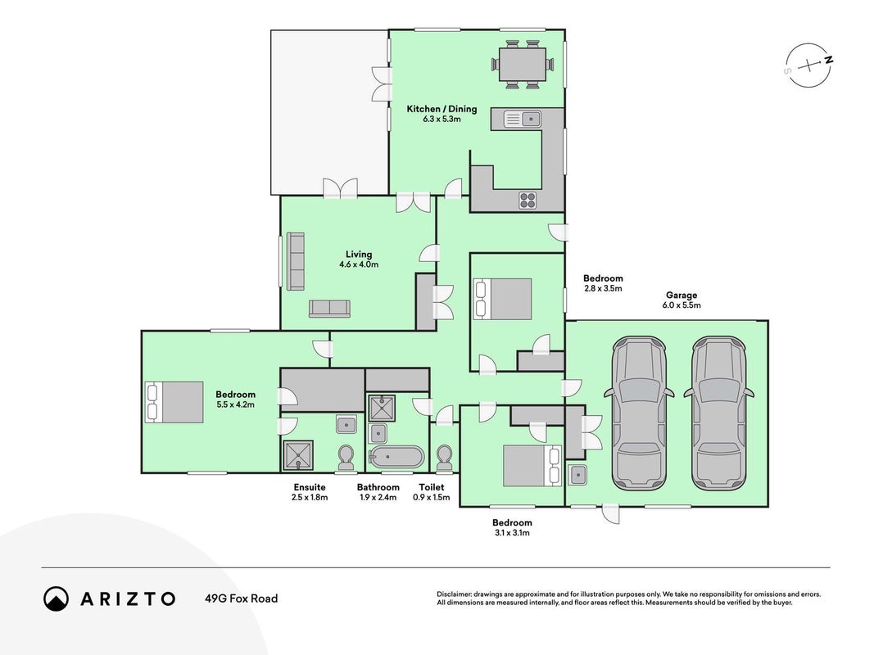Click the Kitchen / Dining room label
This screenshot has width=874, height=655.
click(x=442, y=114)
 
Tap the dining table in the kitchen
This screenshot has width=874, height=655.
click(x=523, y=65)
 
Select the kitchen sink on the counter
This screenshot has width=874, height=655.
click(x=523, y=119)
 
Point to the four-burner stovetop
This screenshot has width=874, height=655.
click(x=528, y=200)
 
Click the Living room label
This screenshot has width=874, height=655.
click(x=359, y=259)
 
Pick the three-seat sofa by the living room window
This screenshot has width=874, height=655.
click(x=296, y=261)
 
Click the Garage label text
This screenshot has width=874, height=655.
click(x=682, y=296)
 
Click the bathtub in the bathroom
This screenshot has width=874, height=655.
click(x=397, y=458)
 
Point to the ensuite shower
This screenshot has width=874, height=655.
click(x=298, y=455)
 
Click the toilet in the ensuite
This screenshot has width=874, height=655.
click(x=346, y=458)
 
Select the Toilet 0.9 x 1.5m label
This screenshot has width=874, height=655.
click(x=432, y=492)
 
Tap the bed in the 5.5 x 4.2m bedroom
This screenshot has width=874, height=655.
click(x=174, y=401)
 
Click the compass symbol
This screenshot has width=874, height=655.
click(x=808, y=65)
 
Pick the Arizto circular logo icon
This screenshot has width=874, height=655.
click(x=56, y=599)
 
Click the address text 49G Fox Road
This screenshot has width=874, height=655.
click(x=242, y=599)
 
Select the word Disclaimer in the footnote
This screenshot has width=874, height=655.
click(x=455, y=594)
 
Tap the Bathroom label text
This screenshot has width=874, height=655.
click(x=378, y=487)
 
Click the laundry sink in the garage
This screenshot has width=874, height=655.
click(x=577, y=475)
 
